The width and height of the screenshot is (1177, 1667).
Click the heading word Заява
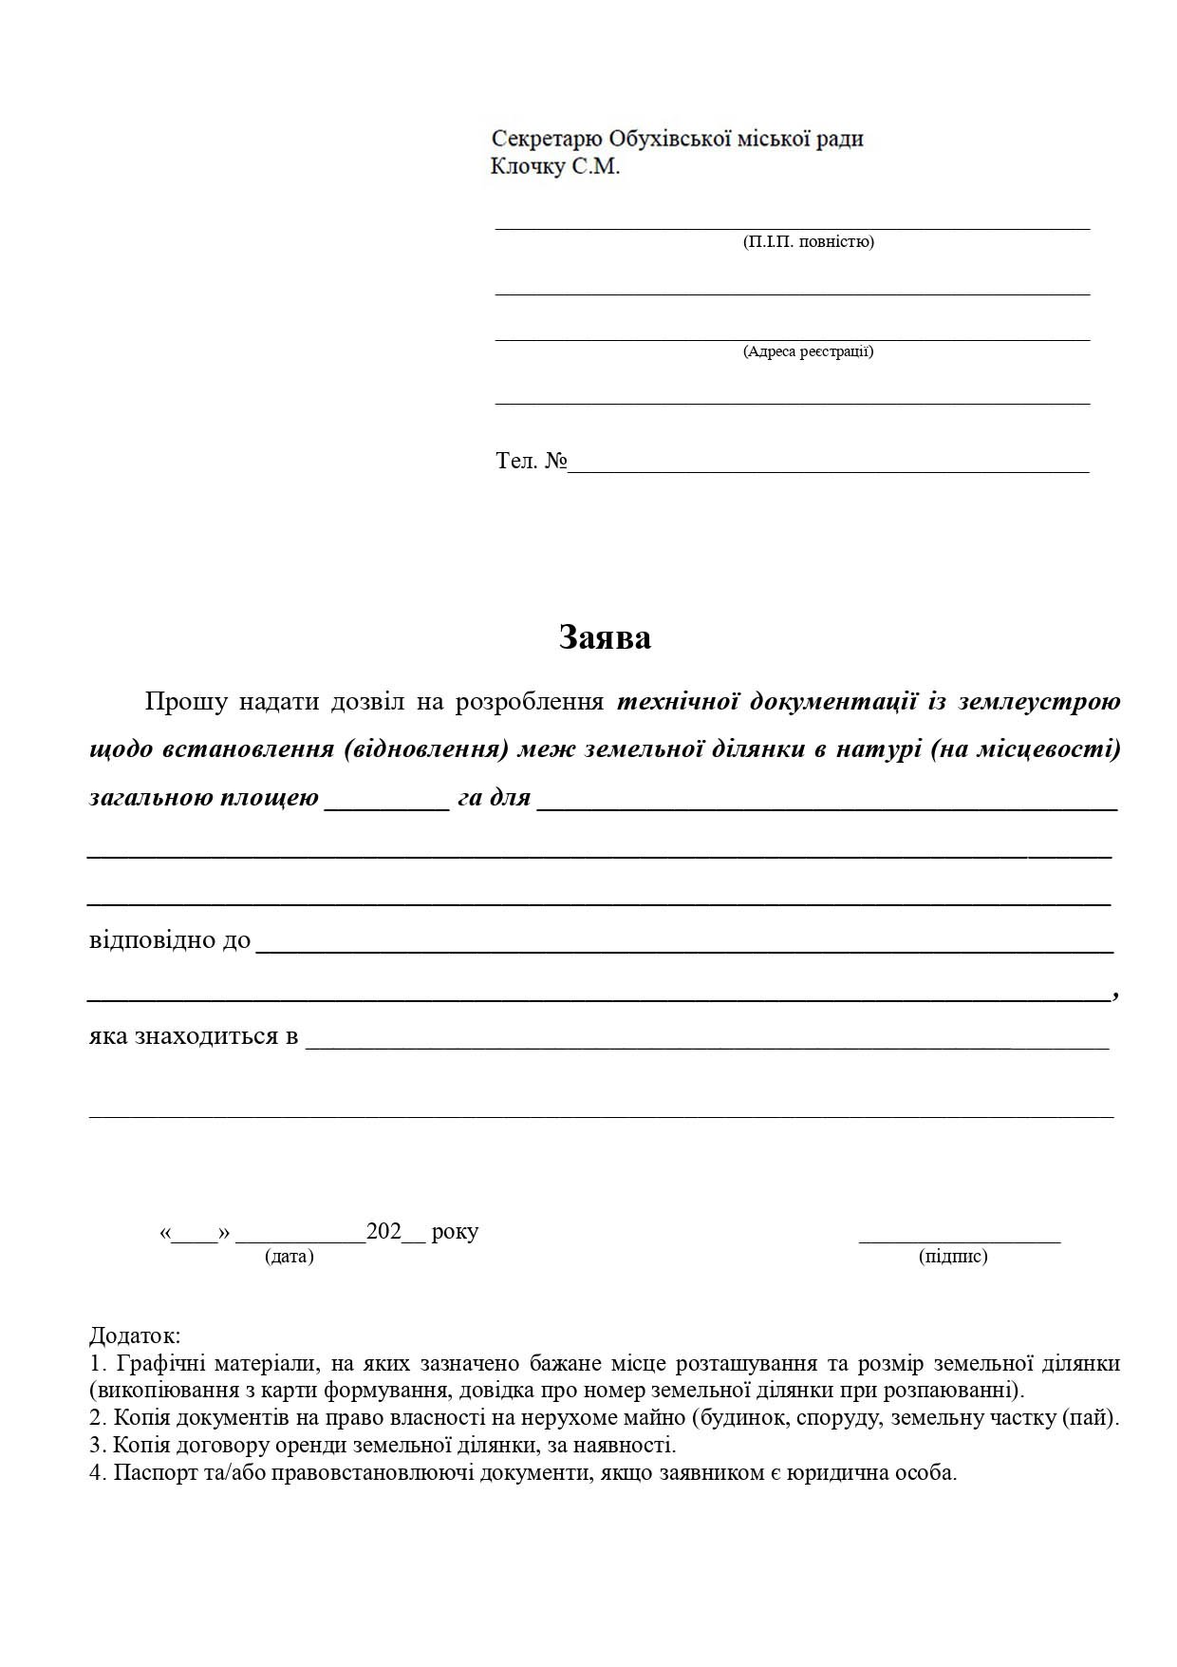coord(605,637)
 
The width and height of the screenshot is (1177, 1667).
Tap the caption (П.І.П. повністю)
coord(808,241)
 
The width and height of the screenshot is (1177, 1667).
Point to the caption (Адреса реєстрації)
coord(808,351)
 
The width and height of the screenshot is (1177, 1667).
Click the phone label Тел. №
coord(531,462)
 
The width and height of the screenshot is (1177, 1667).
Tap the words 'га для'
coord(494,798)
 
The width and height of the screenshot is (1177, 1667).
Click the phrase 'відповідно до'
coord(170,940)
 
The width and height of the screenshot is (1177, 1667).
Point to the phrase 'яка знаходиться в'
coord(194,1035)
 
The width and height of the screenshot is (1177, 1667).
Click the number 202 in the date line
coord(384,1232)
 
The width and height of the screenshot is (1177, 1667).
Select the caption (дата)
coord(290,1257)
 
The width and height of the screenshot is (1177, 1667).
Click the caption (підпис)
coord(953,1257)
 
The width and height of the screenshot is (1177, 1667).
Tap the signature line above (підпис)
coord(959,1240)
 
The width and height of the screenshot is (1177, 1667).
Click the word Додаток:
coord(135,1335)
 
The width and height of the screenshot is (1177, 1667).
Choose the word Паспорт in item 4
coord(149,1473)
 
